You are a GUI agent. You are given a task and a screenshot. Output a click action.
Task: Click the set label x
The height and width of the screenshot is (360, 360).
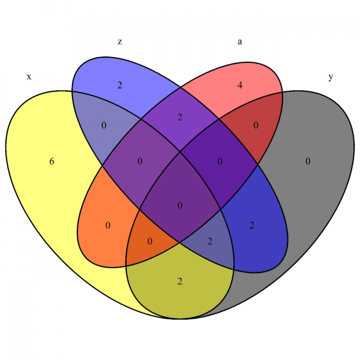pyautogui.click(x=28, y=77)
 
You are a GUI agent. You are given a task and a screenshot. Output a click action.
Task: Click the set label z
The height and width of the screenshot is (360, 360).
pyautogui.click(x=120, y=41)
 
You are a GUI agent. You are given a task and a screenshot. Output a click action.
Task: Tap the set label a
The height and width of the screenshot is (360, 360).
pyautogui.click(x=240, y=41)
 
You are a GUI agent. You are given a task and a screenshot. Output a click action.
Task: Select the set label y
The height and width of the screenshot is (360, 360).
pyautogui.click(x=331, y=77)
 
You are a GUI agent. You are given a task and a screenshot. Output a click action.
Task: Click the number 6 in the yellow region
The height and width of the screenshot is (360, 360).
pyautogui.click(x=52, y=161)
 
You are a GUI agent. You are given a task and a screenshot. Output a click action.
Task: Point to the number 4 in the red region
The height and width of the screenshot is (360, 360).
pyautogui.click(x=240, y=85)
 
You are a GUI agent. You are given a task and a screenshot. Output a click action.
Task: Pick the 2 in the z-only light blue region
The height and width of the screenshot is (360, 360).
pyautogui.click(x=120, y=85)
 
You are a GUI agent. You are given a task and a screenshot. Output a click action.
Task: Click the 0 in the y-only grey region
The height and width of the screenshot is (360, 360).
pyautogui.click(x=308, y=161)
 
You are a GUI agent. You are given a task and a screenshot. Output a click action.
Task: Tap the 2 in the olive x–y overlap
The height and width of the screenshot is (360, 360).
pyautogui.click(x=180, y=281)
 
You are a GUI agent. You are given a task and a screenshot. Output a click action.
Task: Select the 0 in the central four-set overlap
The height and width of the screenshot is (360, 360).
pyautogui.click(x=180, y=206)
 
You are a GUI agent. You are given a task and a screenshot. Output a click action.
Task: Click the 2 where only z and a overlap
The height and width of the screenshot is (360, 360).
pyautogui.click(x=180, y=117)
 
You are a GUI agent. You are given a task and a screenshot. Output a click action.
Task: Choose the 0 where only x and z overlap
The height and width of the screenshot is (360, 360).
pyautogui.click(x=104, y=125)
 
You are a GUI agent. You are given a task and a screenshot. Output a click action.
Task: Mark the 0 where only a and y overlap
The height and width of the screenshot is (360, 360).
pyautogui.click(x=256, y=125)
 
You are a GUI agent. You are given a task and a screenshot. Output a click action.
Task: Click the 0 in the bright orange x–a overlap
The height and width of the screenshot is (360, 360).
pyautogui.click(x=108, y=226)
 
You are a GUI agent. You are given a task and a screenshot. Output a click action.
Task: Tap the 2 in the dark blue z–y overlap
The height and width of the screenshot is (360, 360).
pyautogui.click(x=252, y=226)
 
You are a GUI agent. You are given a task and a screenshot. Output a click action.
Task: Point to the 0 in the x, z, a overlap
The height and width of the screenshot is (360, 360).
pyautogui.click(x=140, y=161)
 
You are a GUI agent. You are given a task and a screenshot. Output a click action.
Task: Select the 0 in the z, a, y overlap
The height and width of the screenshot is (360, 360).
pyautogui.click(x=220, y=161)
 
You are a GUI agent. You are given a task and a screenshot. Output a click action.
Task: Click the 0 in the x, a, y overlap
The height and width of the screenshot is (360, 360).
pyautogui.click(x=150, y=241)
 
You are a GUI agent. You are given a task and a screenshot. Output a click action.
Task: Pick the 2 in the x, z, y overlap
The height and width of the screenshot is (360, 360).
pyautogui.click(x=210, y=241)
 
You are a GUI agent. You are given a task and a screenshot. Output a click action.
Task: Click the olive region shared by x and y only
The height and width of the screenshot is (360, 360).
pyautogui.click(x=180, y=294)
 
